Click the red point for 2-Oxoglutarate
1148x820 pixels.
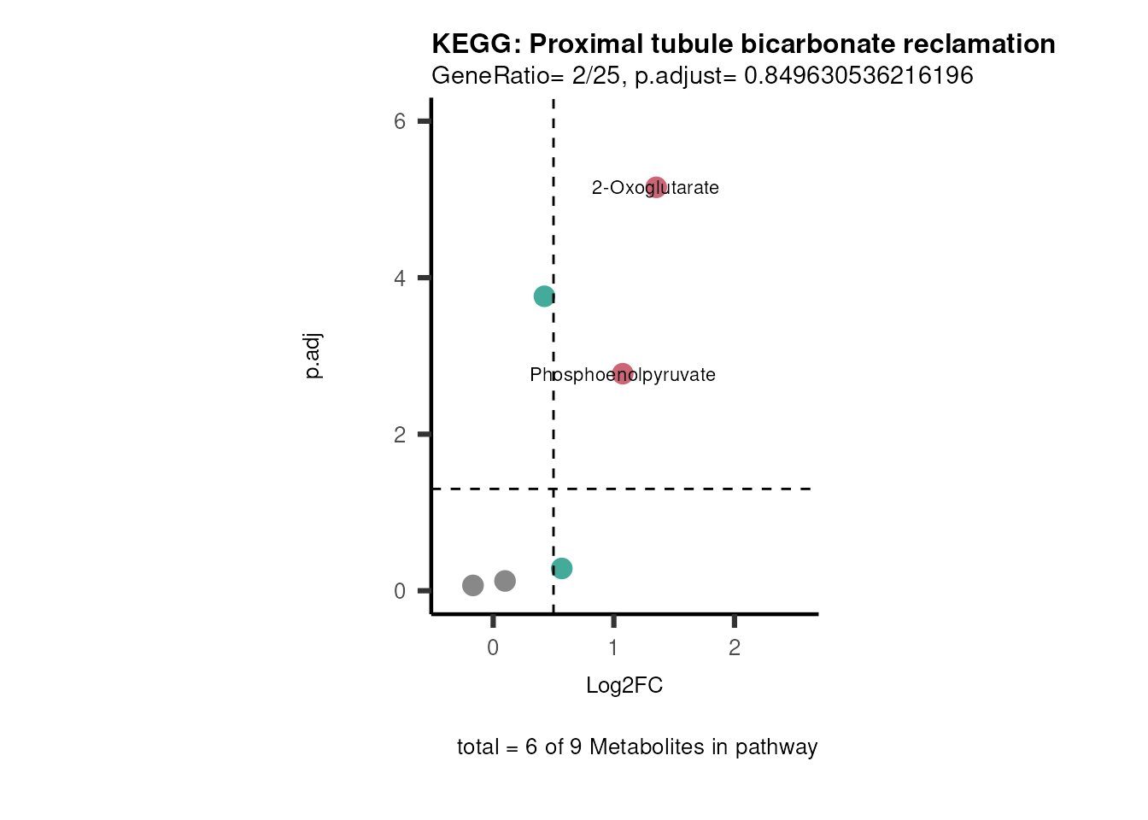[656, 187]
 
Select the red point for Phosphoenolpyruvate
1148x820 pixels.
[623, 374]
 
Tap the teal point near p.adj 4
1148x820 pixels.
[544, 296]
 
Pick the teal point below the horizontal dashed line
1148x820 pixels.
[561, 568]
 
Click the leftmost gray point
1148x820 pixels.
[473, 585]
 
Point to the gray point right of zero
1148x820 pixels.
[505, 581]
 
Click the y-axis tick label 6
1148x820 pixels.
[400, 121]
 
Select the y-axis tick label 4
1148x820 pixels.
[400, 278]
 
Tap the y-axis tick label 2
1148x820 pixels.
[400, 435]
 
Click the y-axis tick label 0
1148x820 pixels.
[400, 591]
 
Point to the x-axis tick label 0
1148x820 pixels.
[493, 647]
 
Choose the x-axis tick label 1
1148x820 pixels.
[613, 647]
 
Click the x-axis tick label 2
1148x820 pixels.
[735, 647]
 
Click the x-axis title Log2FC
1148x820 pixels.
[624, 685]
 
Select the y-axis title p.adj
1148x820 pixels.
[313, 356]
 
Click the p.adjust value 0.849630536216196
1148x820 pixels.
[858, 75]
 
